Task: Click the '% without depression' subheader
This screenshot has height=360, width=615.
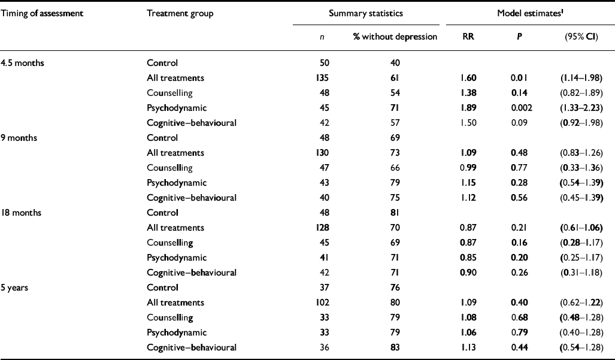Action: [x=395, y=37]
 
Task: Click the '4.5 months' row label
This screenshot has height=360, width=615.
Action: [x=20, y=62]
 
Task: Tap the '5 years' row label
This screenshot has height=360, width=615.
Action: [x=16, y=288]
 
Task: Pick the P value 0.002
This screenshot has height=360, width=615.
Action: [x=519, y=107]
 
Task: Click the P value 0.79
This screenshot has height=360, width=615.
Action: [x=519, y=332]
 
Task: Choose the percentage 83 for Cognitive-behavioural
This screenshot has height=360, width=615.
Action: [x=396, y=347]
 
